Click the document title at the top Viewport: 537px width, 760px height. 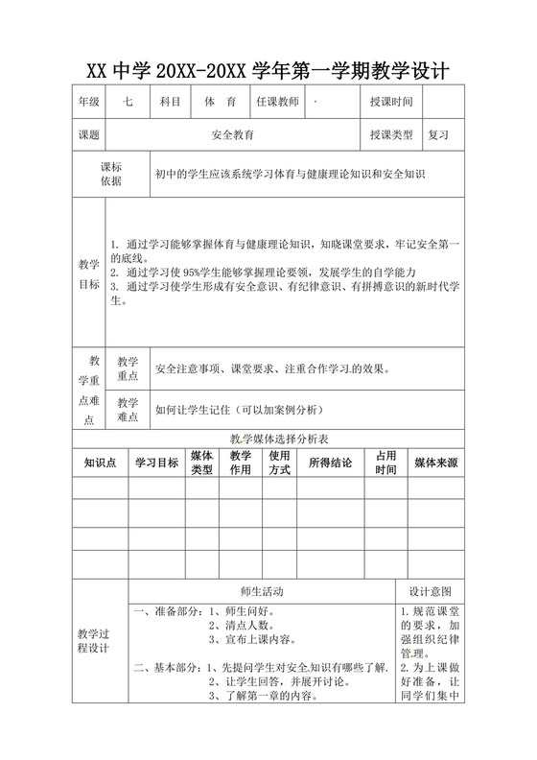coord(268,71)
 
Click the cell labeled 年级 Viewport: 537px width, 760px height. coord(88,102)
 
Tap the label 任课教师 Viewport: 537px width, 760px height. coord(277,102)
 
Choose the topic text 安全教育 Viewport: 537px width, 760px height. coord(233,135)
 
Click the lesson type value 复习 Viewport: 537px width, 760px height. coord(438,135)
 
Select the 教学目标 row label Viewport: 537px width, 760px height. coord(88,274)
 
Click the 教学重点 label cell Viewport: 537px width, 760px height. coord(128,368)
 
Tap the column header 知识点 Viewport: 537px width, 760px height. coord(100,463)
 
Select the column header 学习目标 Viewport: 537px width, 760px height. coord(156,463)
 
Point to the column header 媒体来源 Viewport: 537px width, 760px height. coord(435,463)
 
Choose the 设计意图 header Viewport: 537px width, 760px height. coord(430,592)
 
